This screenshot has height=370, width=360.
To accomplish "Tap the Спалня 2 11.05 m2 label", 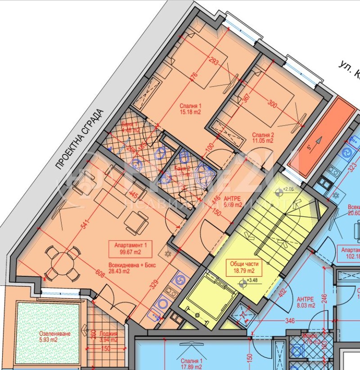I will (x=263, y=138).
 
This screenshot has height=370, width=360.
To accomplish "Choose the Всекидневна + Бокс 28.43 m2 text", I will (x=131, y=268).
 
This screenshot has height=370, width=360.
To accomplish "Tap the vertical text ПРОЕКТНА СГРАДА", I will (x=79, y=140).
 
